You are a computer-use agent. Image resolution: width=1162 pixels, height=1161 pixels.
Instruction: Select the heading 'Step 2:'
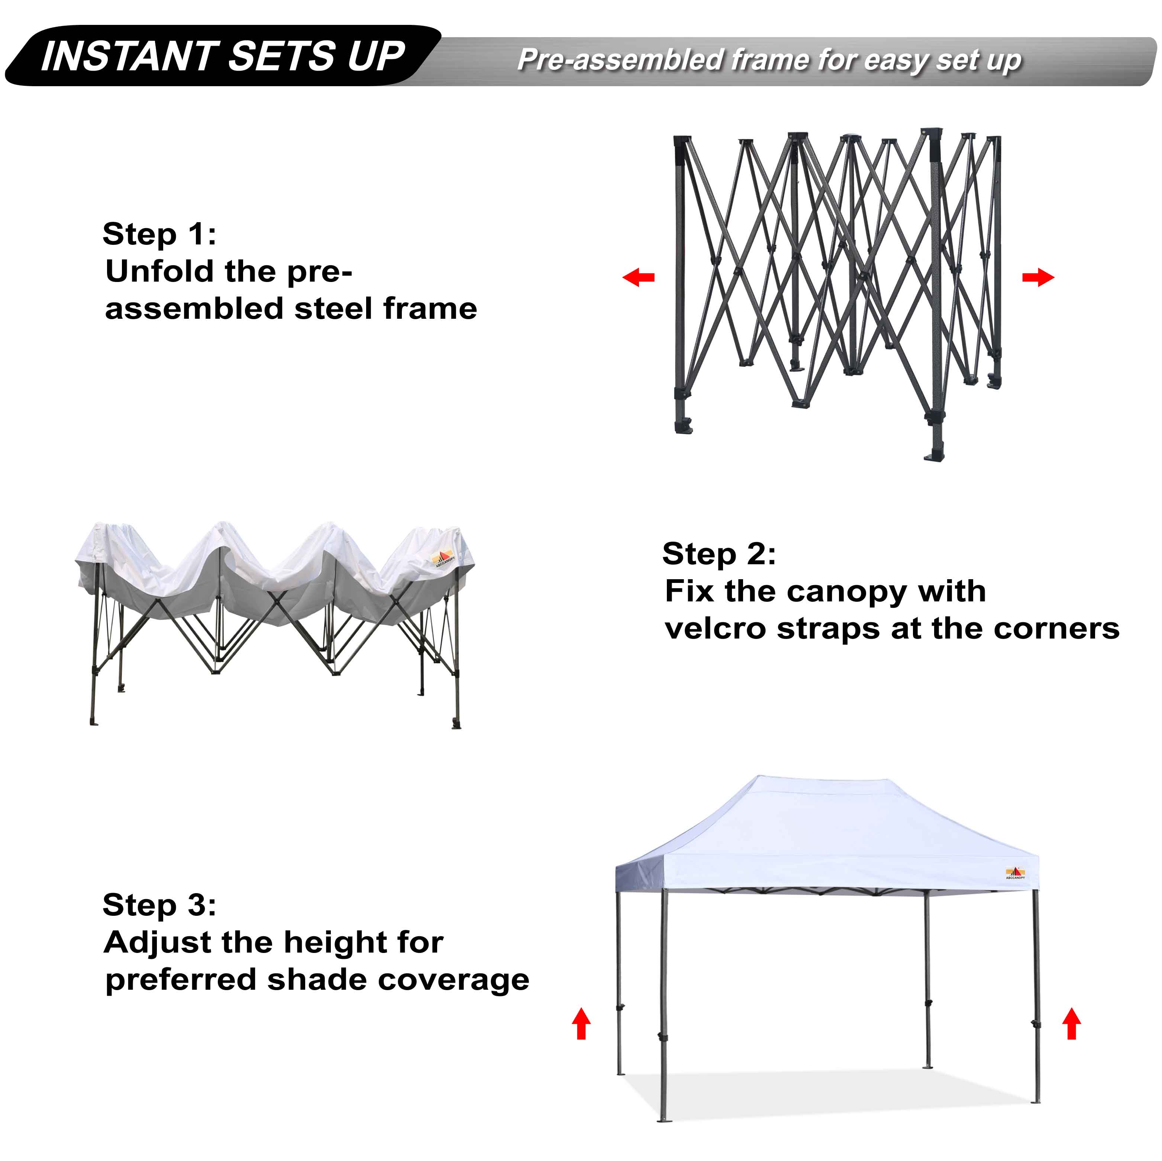[x=719, y=553]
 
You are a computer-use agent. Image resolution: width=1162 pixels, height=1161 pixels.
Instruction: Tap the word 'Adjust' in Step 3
[x=158, y=943]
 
